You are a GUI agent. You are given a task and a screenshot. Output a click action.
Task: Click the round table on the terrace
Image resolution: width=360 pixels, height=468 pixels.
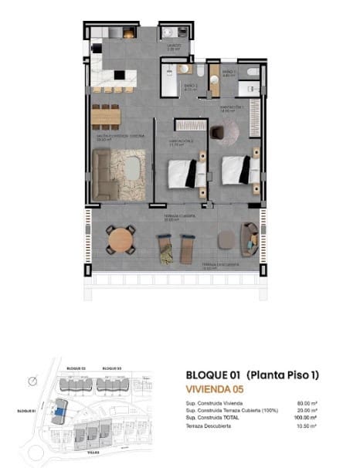121,240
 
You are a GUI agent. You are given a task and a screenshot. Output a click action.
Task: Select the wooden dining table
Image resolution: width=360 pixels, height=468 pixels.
106,117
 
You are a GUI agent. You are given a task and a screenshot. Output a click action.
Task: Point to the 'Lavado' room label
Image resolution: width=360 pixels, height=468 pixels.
174,46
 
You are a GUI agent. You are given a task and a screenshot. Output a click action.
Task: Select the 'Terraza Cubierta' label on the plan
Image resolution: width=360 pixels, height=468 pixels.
178,216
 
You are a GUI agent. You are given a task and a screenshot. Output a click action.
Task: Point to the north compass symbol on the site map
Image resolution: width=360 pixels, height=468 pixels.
31,381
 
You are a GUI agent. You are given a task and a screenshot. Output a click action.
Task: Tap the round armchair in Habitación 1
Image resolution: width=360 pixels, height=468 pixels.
226,134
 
